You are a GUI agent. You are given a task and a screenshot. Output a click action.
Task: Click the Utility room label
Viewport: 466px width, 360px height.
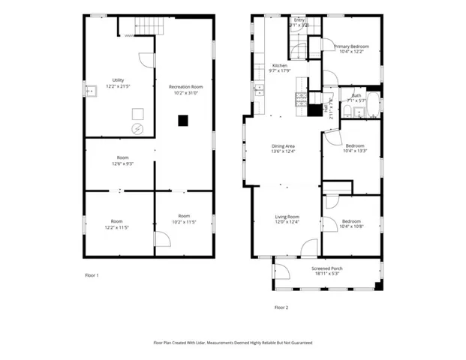tap(119, 82)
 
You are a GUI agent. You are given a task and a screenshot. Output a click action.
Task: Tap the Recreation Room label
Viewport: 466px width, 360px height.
tap(185, 90)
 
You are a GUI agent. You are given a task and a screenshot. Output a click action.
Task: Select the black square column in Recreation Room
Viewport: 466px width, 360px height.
tap(182, 120)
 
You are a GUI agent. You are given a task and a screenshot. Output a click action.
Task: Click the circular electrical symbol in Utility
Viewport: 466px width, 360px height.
tap(137, 129)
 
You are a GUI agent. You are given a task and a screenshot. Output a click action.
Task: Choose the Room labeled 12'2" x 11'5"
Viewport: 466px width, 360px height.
tap(117, 224)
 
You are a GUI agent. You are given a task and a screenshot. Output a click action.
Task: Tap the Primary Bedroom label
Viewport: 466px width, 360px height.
tap(350, 48)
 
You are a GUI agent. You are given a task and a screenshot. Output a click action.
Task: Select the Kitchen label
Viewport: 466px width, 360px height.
tap(280, 68)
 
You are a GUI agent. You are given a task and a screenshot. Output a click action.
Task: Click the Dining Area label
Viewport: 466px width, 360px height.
tap(283, 149)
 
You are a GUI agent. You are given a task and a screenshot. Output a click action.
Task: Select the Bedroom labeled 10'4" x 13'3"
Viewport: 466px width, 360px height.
tap(354, 148)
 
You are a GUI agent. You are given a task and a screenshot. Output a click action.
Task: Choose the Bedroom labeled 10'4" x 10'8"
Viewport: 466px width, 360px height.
tap(351, 224)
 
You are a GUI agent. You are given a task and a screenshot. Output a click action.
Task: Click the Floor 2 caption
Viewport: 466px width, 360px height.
tap(281, 307)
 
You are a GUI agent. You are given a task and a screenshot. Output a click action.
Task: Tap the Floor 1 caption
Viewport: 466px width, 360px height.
tap(92, 275)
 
